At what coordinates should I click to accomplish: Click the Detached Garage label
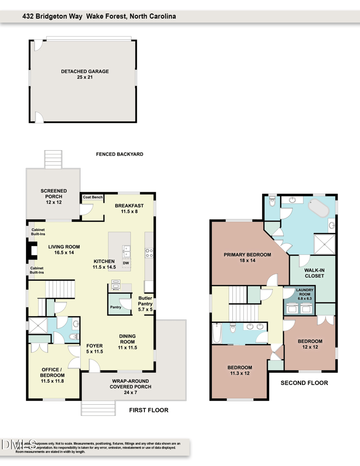[x=85, y=72]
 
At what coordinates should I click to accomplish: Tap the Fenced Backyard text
[x=120, y=154]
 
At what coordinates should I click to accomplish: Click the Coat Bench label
[x=93, y=197]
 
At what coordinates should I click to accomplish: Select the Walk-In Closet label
[x=315, y=273]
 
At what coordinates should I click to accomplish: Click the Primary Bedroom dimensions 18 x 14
[x=247, y=260]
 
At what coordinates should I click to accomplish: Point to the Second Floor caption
[x=304, y=383]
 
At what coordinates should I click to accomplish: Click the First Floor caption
[x=148, y=410]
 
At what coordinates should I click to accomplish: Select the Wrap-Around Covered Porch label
[x=131, y=386]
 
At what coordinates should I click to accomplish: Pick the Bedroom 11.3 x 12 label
[x=239, y=371]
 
